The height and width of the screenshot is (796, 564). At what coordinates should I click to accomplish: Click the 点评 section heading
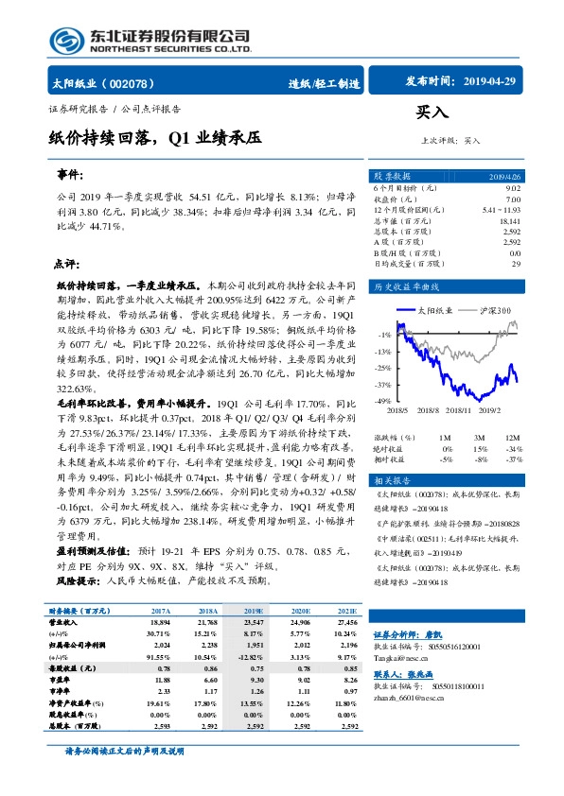(x=65, y=264)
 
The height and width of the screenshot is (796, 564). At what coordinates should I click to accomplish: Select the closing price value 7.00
(x=513, y=199)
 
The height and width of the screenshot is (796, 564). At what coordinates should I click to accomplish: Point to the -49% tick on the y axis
(x=382, y=402)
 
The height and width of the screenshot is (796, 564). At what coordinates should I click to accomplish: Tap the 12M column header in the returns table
(x=512, y=439)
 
